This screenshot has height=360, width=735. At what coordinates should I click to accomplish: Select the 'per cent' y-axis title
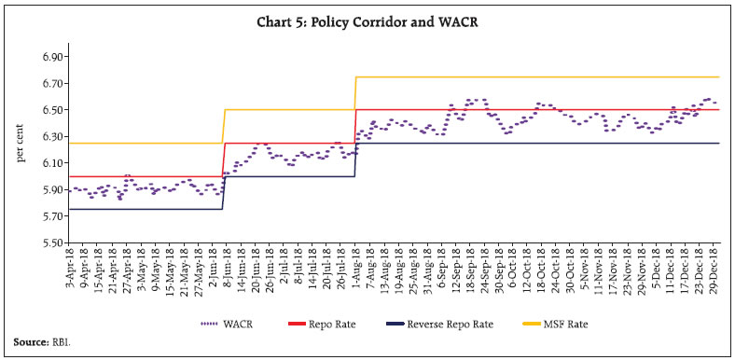[21, 148]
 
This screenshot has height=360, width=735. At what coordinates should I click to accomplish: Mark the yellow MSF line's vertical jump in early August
[355, 93]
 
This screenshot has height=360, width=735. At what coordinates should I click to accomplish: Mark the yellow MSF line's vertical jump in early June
[223, 126]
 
